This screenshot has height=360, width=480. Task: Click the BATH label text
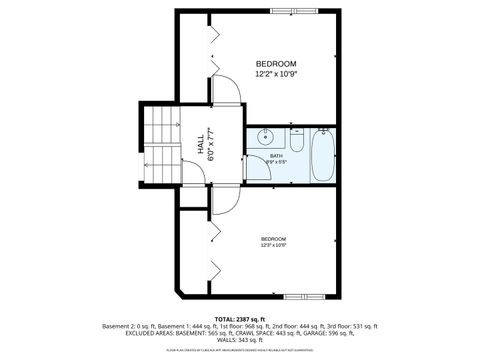(x=276, y=157)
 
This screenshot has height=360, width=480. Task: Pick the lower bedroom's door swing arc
(x=226, y=200)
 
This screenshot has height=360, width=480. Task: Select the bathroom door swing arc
(x=258, y=168)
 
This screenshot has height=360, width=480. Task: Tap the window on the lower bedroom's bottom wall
(x=305, y=297)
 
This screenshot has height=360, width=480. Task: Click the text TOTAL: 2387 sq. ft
(x=240, y=317)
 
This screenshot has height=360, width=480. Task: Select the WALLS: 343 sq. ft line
(x=240, y=339)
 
